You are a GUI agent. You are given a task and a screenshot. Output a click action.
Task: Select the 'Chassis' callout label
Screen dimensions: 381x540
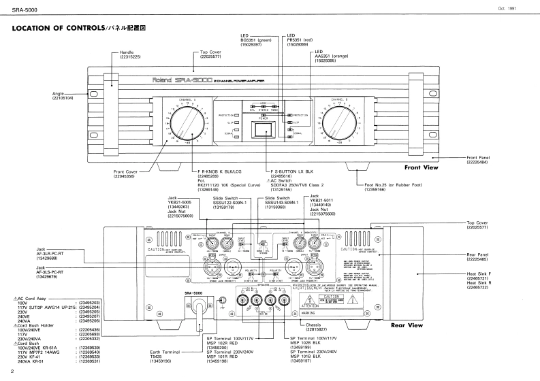pyautogui.click(x=313, y=326)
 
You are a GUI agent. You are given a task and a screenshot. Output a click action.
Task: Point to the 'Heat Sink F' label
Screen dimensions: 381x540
pyautogui.click(x=481, y=274)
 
